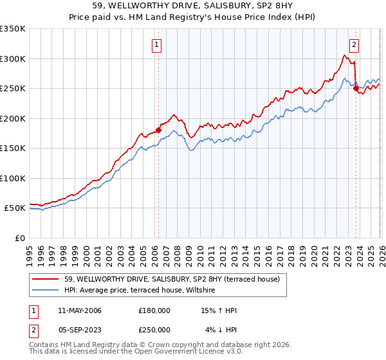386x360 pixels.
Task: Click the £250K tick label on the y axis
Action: [13, 89]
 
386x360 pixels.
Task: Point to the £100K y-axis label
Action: [13, 178]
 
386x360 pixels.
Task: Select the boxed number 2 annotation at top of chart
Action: [354, 45]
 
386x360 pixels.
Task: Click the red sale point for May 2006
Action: [158, 130]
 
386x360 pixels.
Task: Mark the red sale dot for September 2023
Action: [356, 89]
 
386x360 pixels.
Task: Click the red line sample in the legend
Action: [46, 280]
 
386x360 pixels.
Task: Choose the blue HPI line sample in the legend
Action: [46, 291]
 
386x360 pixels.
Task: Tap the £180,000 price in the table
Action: [154, 310]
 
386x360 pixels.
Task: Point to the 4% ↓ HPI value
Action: [221, 329]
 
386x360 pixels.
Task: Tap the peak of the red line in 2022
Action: [344, 55]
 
